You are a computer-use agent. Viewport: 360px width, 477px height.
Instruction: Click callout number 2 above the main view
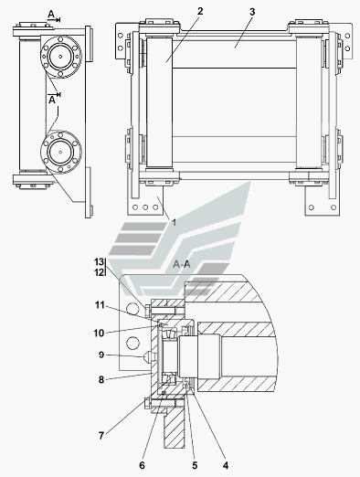[x=200, y=11]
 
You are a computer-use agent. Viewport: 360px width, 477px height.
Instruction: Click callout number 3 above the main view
[x=252, y=12]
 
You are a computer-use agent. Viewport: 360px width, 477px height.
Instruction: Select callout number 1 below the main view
[x=174, y=223]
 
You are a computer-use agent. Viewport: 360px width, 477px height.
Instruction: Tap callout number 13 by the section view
[x=99, y=261]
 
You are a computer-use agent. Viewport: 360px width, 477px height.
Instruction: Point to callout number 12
[x=99, y=272]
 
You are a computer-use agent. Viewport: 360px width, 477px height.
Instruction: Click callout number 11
[x=100, y=305]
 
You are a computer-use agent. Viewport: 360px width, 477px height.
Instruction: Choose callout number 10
[x=99, y=333]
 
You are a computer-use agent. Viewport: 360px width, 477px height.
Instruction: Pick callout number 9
[x=101, y=355]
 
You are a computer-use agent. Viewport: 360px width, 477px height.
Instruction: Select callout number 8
[x=101, y=379]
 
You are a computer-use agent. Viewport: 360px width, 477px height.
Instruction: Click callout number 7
[x=101, y=436]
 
